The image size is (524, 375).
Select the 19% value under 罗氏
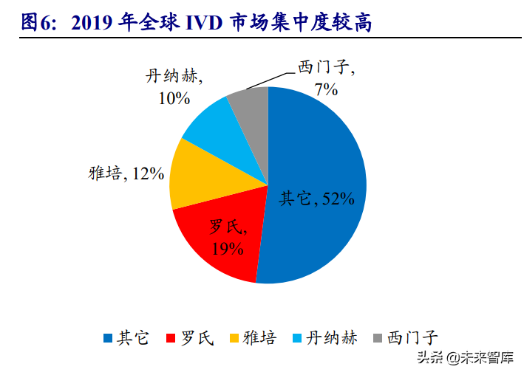pos(227,248)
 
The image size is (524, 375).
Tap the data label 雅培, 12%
pos(124,173)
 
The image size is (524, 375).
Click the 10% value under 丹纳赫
pos(174,97)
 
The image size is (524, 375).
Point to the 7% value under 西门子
pos(325,89)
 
